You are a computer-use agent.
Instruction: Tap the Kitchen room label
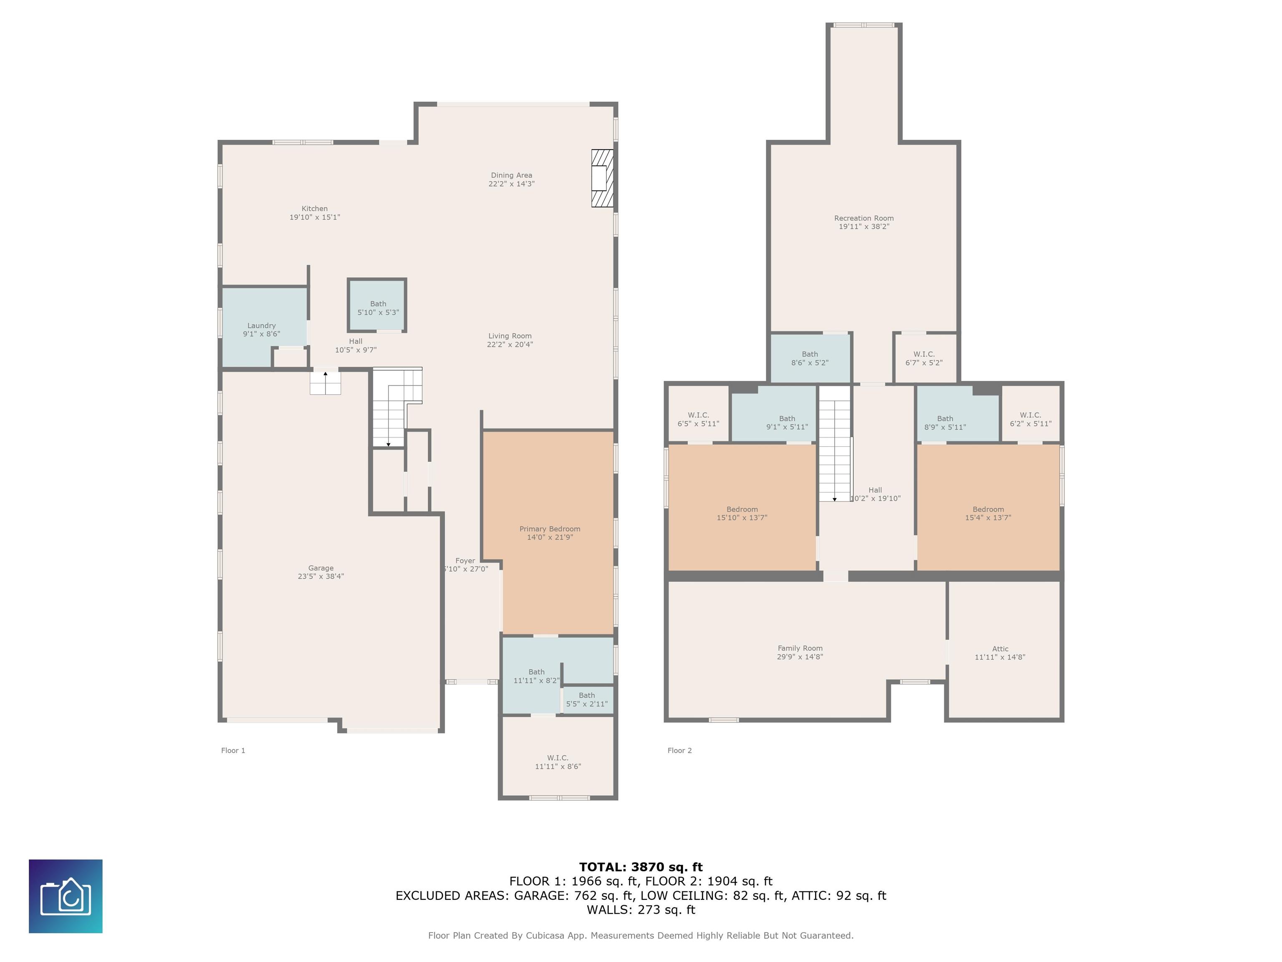point(315,209)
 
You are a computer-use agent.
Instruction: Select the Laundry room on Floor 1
point(264,327)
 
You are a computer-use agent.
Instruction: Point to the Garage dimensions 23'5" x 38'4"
point(321,576)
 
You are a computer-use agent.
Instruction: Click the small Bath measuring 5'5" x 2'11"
point(588,700)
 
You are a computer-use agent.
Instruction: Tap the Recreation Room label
point(863,218)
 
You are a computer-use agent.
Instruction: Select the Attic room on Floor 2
point(1004,650)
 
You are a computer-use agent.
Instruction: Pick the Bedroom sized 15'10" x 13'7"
point(742,507)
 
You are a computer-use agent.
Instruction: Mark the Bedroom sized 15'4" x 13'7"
point(988,507)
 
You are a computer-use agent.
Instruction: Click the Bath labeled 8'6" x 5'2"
point(810,358)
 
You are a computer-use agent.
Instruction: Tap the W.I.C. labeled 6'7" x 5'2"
point(925,358)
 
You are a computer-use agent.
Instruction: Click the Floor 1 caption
point(233,750)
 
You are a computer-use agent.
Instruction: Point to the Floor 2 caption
point(679,750)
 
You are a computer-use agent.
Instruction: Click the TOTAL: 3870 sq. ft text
point(641,867)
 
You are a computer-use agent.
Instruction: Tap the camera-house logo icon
point(66,896)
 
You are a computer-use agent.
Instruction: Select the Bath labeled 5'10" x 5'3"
point(377,306)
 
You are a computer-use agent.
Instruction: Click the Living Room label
point(510,336)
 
